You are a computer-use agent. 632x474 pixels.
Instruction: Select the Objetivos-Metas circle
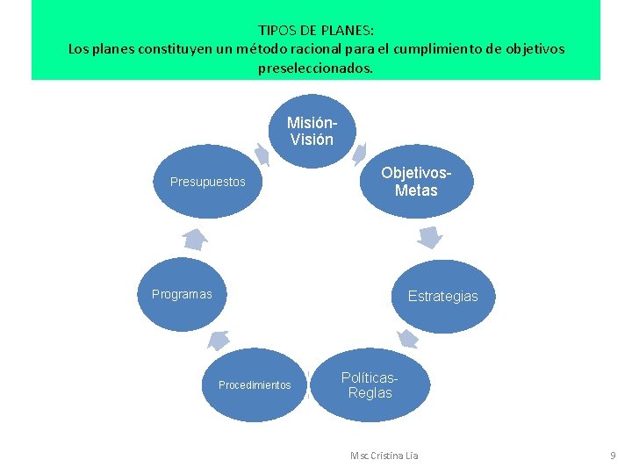415,182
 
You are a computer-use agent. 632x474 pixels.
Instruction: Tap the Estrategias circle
442,296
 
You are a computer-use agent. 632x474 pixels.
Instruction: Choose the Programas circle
182,294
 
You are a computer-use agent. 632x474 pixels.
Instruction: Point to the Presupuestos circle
208,182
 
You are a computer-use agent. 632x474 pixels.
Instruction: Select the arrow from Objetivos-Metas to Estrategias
429,237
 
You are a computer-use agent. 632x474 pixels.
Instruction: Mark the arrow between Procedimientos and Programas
218,340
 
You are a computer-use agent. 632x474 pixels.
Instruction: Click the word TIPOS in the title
276,30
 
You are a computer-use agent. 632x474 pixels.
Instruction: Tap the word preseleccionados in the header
314,68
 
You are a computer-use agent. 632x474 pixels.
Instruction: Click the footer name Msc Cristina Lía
384,456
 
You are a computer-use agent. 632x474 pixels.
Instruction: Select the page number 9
614,456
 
